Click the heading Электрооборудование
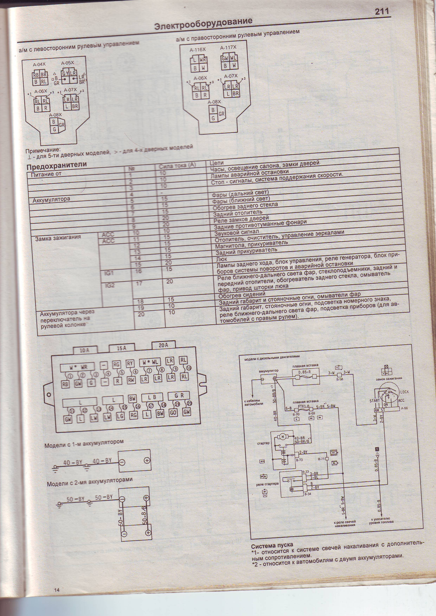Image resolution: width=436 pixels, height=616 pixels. pos(203,24)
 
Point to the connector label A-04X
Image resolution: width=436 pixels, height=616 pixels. pos(39,64)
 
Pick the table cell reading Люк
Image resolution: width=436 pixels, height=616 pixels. pos(222,259)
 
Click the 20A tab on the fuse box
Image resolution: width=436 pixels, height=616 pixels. pos(163,346)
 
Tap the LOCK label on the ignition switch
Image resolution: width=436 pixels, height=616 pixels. pos(404,392)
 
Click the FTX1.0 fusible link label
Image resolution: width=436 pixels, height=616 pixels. pos(304,407)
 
